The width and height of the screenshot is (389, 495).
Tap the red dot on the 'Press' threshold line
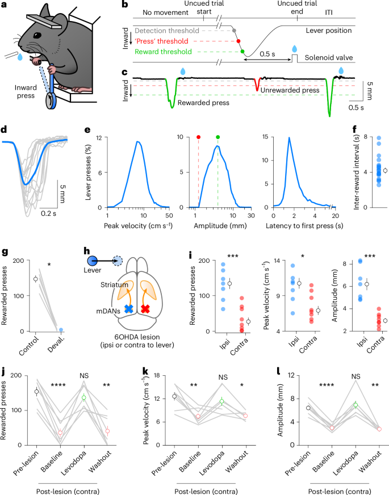point(239,41)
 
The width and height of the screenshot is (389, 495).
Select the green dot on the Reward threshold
point(242,52)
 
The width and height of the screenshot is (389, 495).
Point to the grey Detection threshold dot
point(235,30)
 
